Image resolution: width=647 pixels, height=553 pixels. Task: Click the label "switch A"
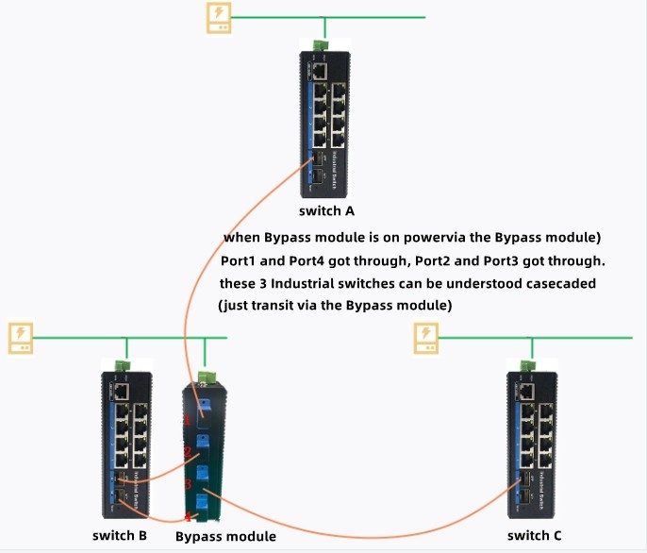pyautogui.click(x=325, y=210)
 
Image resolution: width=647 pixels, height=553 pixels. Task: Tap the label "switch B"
pyautogui.click(x=120, y=536)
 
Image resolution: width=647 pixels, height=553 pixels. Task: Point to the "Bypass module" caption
pyautogui.click(x=224, y=537)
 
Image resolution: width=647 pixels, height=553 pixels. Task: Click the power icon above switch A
pyautogui.click(x=219, y=18)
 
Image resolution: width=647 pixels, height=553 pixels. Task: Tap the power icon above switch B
pyautogui.click(x=21, y=338)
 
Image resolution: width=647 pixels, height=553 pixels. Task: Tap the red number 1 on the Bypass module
pyautogui.click(x=188, y=419)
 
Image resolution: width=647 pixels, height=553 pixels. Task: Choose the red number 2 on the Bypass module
pyautogui.click(x=188, y=452)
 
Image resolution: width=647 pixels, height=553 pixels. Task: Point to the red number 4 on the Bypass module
pyautogui.click(x=188, y=516)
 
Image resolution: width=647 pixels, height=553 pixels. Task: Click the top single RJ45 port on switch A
pyautogui.click(x=321, y=69)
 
